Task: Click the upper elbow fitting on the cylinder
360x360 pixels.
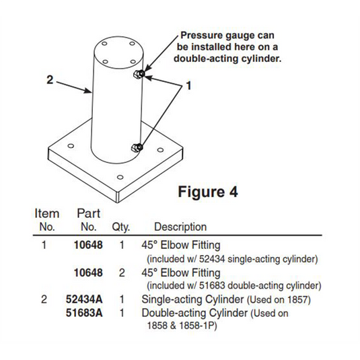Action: [x=139, y=74]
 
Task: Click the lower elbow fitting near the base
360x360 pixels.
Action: [x=137, y=147]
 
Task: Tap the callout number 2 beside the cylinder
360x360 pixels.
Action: [x=50, y=79]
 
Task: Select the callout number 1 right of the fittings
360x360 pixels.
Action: [x=188, y=85]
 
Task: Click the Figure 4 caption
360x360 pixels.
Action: [x=208, y=192]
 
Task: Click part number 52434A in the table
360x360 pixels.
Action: [x=84, y=299]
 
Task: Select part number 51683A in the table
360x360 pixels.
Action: [x=84, y=313]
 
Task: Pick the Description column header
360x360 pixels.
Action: [x=180, y=227]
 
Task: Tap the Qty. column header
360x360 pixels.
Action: [x=121, y=227]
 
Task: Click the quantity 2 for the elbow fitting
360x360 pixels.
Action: [x=122, y=273]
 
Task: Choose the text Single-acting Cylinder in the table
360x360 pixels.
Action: [x=192, y=299]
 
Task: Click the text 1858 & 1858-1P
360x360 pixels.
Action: [x=182, y=326]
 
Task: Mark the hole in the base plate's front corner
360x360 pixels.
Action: [x=120, y=177]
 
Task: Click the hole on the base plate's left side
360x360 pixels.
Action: [x=71, y=146]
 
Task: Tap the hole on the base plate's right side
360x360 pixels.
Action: [x=160, y=150]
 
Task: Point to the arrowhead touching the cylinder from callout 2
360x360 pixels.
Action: [x=88, y=91]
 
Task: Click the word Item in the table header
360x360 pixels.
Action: [x=47, y=213]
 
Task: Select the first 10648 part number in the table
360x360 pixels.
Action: [x=88, y=245]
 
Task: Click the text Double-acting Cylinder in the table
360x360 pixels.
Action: [x=194, y=313]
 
